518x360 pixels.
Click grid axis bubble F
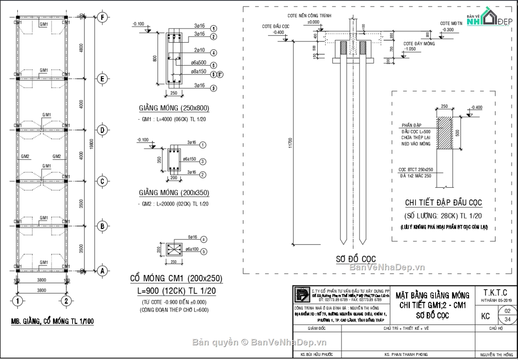pyautogui.click(x=102, y=18)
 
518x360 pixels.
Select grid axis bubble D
pyautogui.click(x=102, y=130)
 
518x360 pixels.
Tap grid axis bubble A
pyautogui.click(x=102, y=271)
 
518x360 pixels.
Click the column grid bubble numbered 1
pyautogui.click(x=17, y=300)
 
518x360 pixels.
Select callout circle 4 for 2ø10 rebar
pyautogui.click(x=213, y=53)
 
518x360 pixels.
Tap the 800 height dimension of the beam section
pyautogui.click(x=155, y=58)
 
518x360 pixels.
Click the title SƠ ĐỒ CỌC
pyautogui.click(x=357, y=259)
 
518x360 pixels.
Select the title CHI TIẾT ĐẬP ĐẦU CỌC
pyautogui.click(x=443, y=203)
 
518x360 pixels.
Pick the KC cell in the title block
pyautogui.click(x=485, y=316)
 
